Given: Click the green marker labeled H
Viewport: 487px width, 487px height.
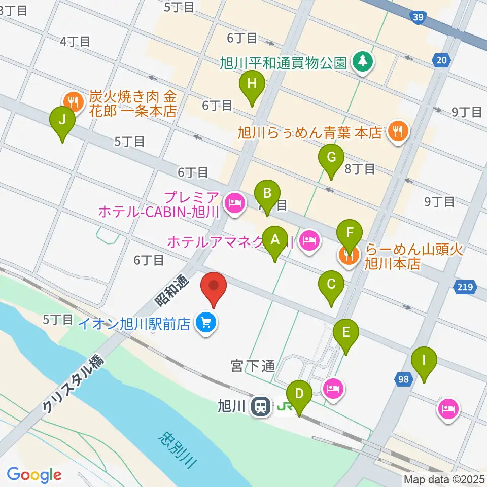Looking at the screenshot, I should (x=252, y=85).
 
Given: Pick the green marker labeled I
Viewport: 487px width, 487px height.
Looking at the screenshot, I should (x=424, y=362).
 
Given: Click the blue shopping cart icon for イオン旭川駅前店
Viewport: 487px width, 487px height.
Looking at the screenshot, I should (x=205, y=323).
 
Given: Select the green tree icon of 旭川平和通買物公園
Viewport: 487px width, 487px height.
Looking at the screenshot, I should (x=363, y=62).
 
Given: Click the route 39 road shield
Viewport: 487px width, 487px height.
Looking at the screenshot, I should (x=418, y=18).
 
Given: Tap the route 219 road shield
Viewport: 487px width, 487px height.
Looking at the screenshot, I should (x=466, y=288).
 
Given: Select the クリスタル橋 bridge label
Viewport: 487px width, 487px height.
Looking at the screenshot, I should (x=72, y=384).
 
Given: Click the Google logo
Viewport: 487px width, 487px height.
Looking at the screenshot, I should (x=34, y=475).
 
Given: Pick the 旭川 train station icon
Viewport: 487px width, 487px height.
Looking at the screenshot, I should (x=261, y=406).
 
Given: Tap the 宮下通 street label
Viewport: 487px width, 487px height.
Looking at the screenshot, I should (x=252, y=366).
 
